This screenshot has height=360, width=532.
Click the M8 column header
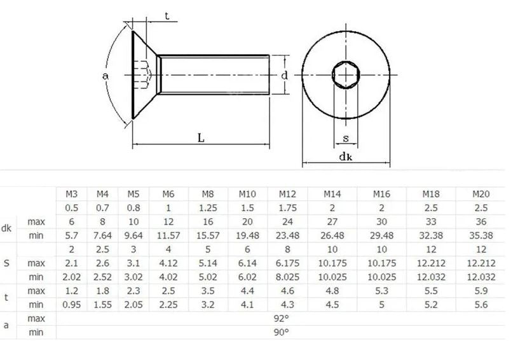(208, 194)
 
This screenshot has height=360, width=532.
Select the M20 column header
(481, 194)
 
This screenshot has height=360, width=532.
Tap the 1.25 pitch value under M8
(208, 208)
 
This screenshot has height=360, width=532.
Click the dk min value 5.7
(71, 235)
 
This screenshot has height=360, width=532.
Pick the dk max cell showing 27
(332, 221)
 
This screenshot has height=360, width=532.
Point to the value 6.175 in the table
(287, 263)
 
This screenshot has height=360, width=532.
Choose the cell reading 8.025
(287, 277)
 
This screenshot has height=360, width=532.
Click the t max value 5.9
(481, 291)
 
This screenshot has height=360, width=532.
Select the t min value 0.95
(71, 305)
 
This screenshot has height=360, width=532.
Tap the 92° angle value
(281, 319)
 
